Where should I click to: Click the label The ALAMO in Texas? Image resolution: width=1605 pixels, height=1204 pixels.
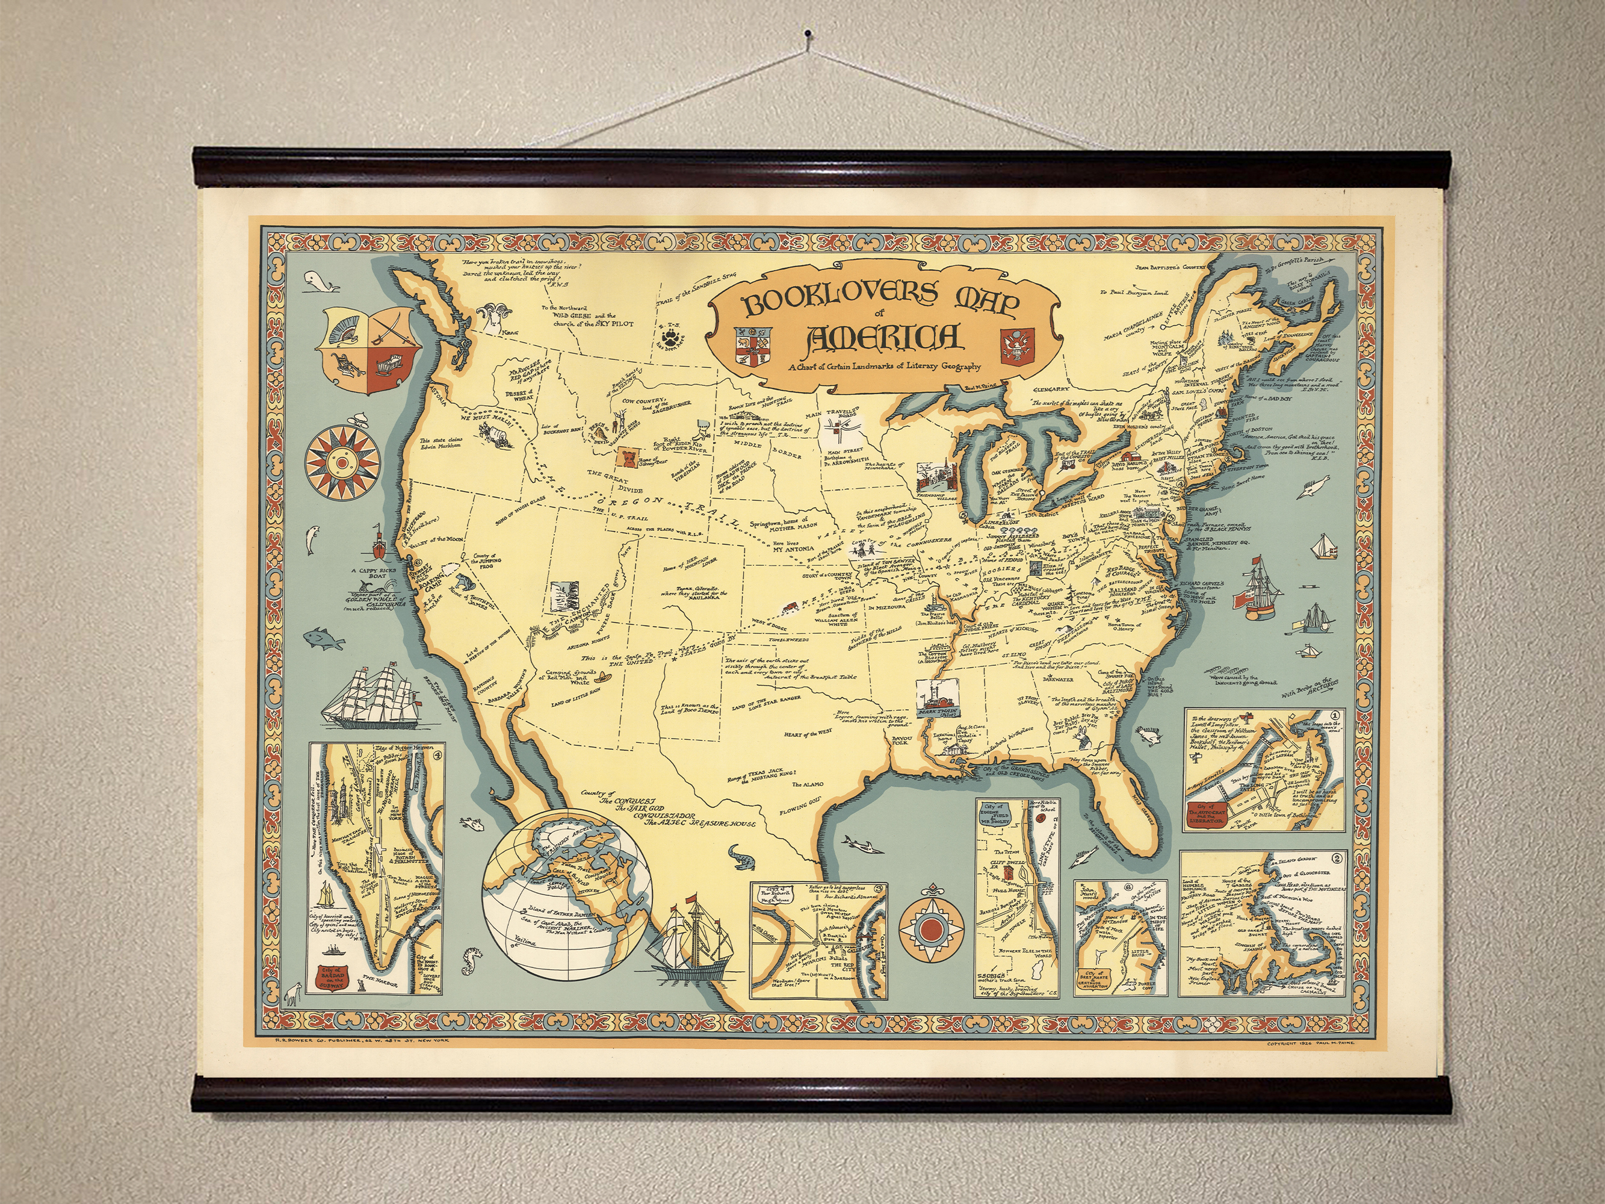pos(807,784)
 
